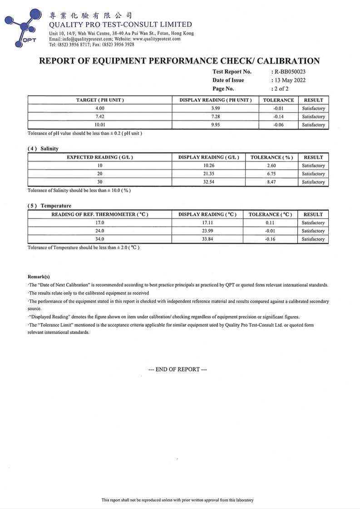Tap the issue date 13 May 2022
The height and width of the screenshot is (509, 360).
(x=289, y=80)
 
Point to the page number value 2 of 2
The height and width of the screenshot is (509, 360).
(x=281, y=89)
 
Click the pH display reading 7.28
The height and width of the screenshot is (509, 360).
(x=215, y=117)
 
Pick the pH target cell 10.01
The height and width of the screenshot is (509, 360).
(x=100, y=125)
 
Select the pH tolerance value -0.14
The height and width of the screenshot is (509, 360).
(x=279, y=117)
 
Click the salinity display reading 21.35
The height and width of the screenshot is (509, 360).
(x=209, y=174)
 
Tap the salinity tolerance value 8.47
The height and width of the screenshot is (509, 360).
(x=271, y=182)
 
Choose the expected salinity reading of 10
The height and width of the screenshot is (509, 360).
(x=100, y=166)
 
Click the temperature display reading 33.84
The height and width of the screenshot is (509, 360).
(x=207, y=239)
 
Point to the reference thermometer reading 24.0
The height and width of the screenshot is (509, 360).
(x=100, y=231)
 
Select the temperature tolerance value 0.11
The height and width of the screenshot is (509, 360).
(x=270, y=223)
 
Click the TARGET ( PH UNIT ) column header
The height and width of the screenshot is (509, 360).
(x=100, y=100)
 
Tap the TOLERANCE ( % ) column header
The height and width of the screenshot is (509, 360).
(x=271, y=157)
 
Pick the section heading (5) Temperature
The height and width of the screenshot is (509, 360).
(x=49, y=206)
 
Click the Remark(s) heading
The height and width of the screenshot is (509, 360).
(x=39, y=276)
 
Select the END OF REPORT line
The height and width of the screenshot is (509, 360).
(x=178, y=369)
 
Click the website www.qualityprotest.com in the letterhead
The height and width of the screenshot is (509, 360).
(x=157, y=39)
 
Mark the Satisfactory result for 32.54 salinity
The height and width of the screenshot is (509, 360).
(x=313, y=182)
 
